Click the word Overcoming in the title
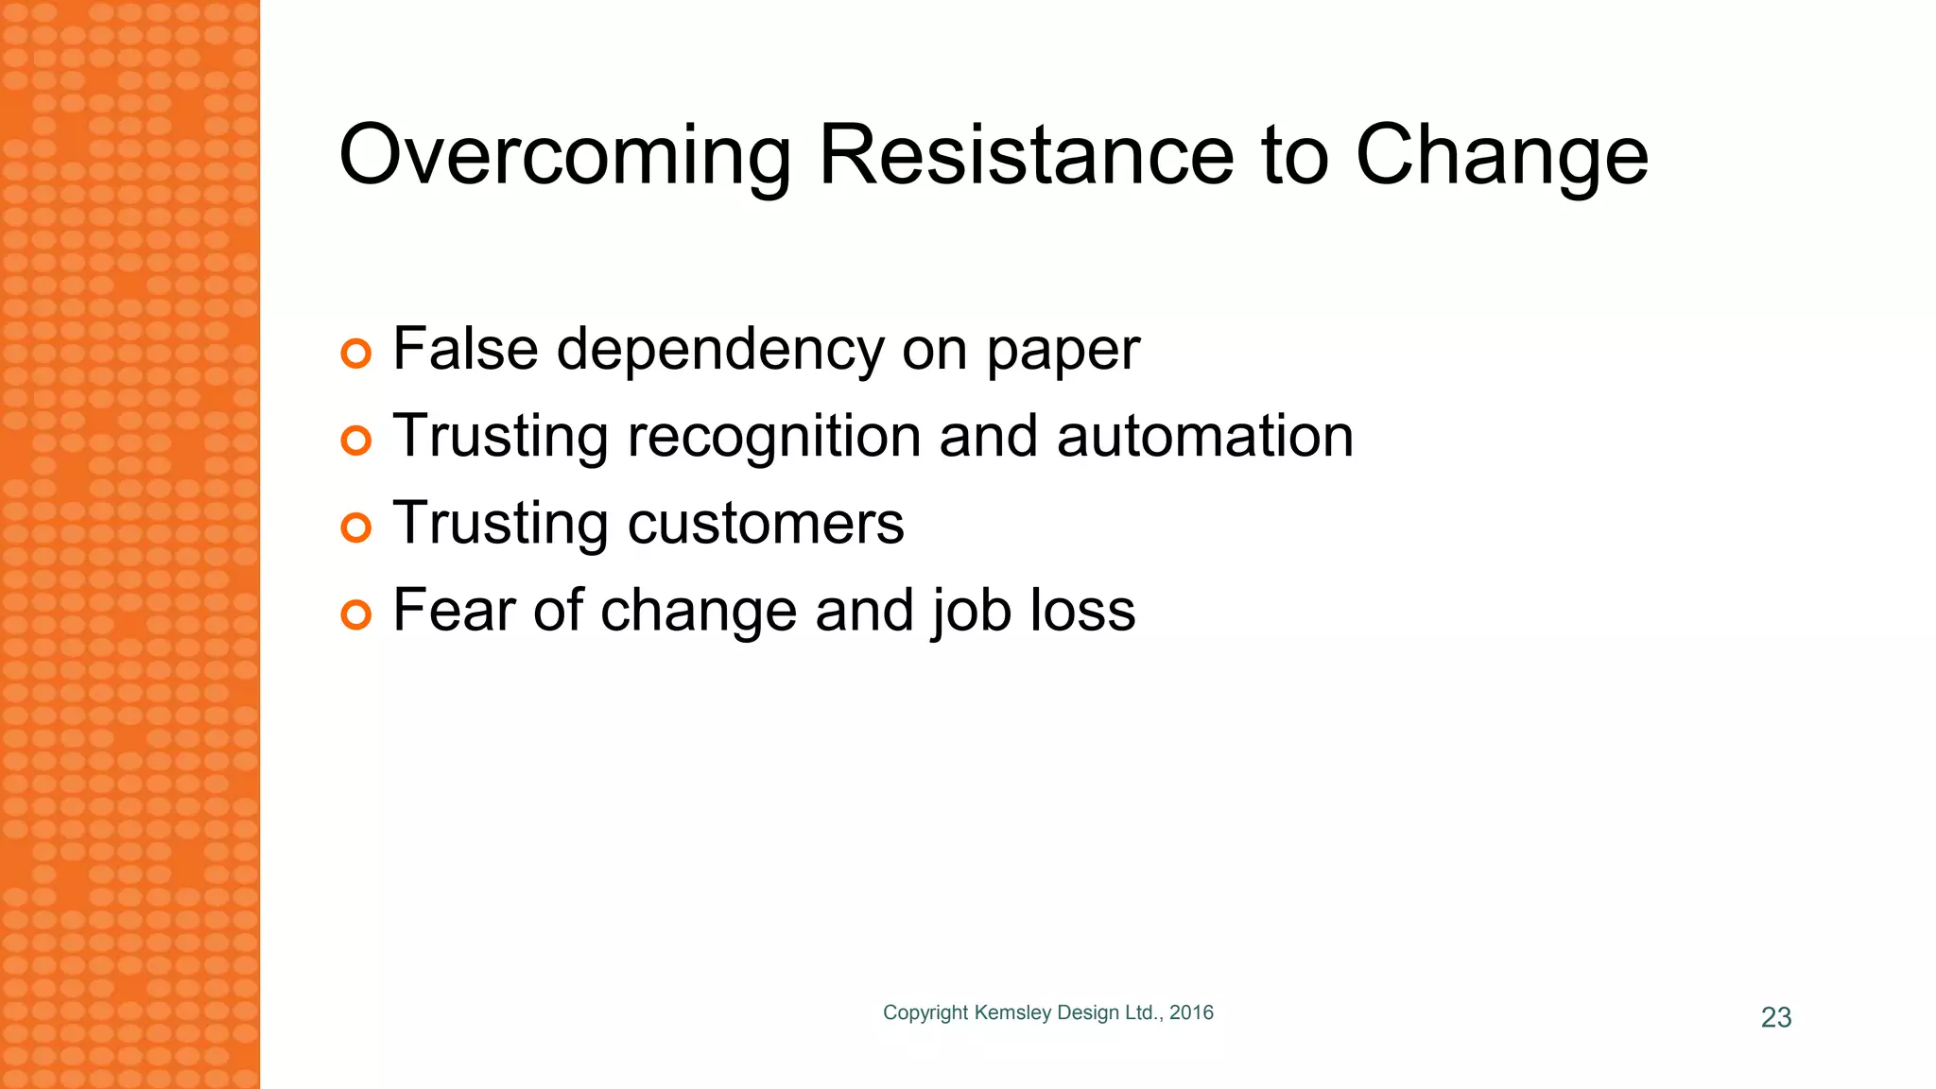point(564,156)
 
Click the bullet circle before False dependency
point(355,354)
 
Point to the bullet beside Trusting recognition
point(355,441)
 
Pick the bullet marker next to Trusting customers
point(355,527)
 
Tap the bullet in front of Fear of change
point(355,614)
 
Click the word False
point(465,349)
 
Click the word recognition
point(774,437)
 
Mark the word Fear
point(454,610)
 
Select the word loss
point(1082,610)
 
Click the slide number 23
point(1776,1017)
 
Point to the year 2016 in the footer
point(1191,1012)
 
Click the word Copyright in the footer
point(925,1013)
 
